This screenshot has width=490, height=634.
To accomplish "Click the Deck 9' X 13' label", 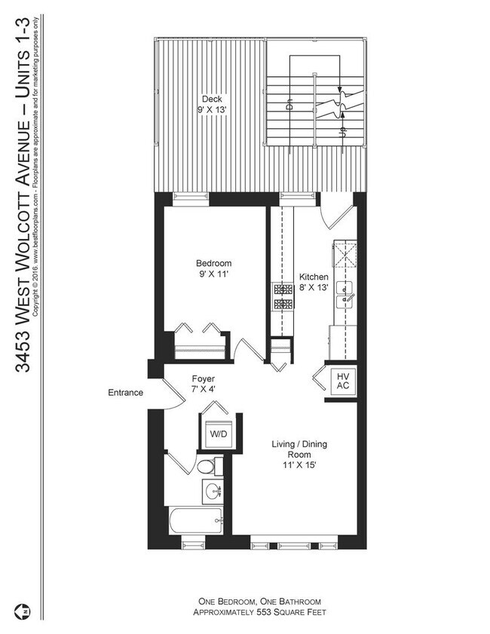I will [211, 104].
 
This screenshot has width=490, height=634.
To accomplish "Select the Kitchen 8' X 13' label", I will [314, 281].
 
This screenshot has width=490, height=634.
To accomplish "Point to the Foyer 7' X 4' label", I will [202, 384].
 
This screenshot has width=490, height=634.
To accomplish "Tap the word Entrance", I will [125, 393].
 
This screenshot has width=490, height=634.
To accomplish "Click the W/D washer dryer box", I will [219, 434].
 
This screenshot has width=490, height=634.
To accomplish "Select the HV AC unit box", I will [341, 381].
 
